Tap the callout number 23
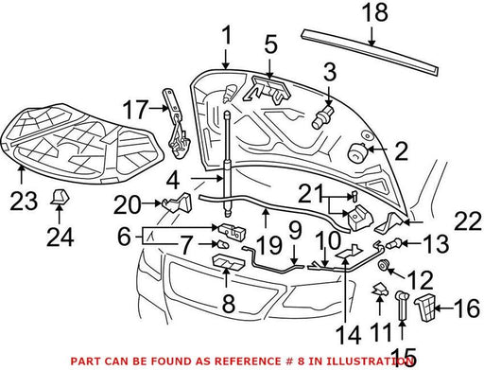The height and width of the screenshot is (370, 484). [x=24, y=201]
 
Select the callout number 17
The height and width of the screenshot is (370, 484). [x=135, y=110]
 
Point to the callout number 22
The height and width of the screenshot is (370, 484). [x=468, y=221]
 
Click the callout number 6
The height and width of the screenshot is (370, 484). [x=124, y=237]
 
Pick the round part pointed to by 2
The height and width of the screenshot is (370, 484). [x=358, y=152]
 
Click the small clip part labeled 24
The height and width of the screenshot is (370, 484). [x=60, y=197]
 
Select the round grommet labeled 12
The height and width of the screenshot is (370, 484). [x=383, y=266]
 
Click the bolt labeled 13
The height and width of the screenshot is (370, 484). [x=395, y=243]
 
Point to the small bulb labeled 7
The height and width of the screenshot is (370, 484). [x=222, y=244]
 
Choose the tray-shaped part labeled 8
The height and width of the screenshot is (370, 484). [x=229, y=262]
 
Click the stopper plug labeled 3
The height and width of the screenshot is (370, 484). [x=322, y=117]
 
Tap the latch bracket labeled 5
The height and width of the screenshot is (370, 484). [x=268, y=90]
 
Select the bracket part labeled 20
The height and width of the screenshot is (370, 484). [x=178, y=203]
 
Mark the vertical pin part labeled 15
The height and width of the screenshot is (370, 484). [x=402, y=305]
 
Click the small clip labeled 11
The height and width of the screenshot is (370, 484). [x=380, y=291]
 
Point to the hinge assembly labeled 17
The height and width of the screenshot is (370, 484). [x=176, y=123]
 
